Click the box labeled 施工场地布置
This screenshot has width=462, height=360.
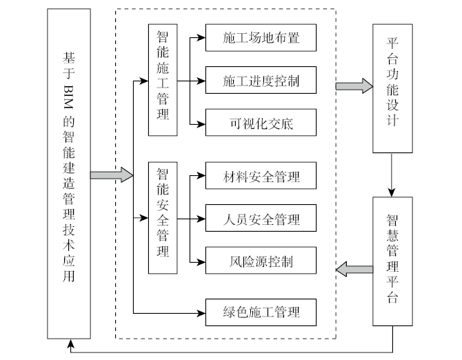pyautogui.click(x=261, y=38)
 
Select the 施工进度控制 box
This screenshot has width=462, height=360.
pyautogui.click(x=261, y=81)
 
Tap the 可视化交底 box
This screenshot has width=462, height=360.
pyautogui.click(x=261, y=124)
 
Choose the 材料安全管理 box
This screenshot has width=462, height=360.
pyautogui.click(x=261, y=176)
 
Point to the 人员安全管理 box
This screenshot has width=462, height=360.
pyautogui.click(x=261, y=219)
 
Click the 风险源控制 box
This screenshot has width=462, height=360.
pyautogui.click(x=261, y=262)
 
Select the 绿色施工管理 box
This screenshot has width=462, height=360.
pyautogui.click(x=261, y=312)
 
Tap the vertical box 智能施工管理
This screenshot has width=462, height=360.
pyautogui.click(x=163, y=79)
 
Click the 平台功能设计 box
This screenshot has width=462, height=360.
pyautogui.click(x=392, y=88)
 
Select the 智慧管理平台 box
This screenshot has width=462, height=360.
pyautogui.click(x=392, y=261)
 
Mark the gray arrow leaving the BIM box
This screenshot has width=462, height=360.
pyautogui.click(x=110, y=174)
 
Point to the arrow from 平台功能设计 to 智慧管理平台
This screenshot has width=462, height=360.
pyautogui.click(x=392, y=174)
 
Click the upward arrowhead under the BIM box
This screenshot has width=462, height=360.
pyautogui.click(x=69, y=342)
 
